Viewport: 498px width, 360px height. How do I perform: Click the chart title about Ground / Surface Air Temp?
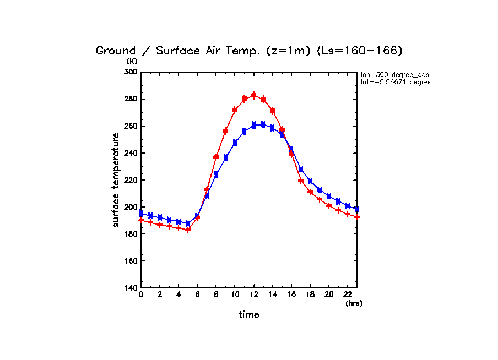249,51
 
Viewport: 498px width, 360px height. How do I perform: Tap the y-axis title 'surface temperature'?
116,179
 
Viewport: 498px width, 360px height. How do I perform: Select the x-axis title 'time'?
249,314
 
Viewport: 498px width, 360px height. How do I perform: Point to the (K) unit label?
132,61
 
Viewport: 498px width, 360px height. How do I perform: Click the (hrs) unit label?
354,303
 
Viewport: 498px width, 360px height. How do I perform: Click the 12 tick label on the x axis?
253,295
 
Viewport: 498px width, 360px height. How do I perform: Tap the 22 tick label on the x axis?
347,295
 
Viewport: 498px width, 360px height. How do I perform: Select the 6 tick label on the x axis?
197,295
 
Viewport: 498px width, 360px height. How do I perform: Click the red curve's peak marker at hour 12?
253,95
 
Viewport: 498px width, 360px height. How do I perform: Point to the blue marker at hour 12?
253,125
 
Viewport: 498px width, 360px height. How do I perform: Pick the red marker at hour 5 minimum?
188,230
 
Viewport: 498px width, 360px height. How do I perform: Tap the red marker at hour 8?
216,157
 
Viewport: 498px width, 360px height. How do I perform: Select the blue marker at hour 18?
310,181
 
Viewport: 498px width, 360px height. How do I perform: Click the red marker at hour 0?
141,220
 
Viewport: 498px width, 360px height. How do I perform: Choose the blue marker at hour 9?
225,158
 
